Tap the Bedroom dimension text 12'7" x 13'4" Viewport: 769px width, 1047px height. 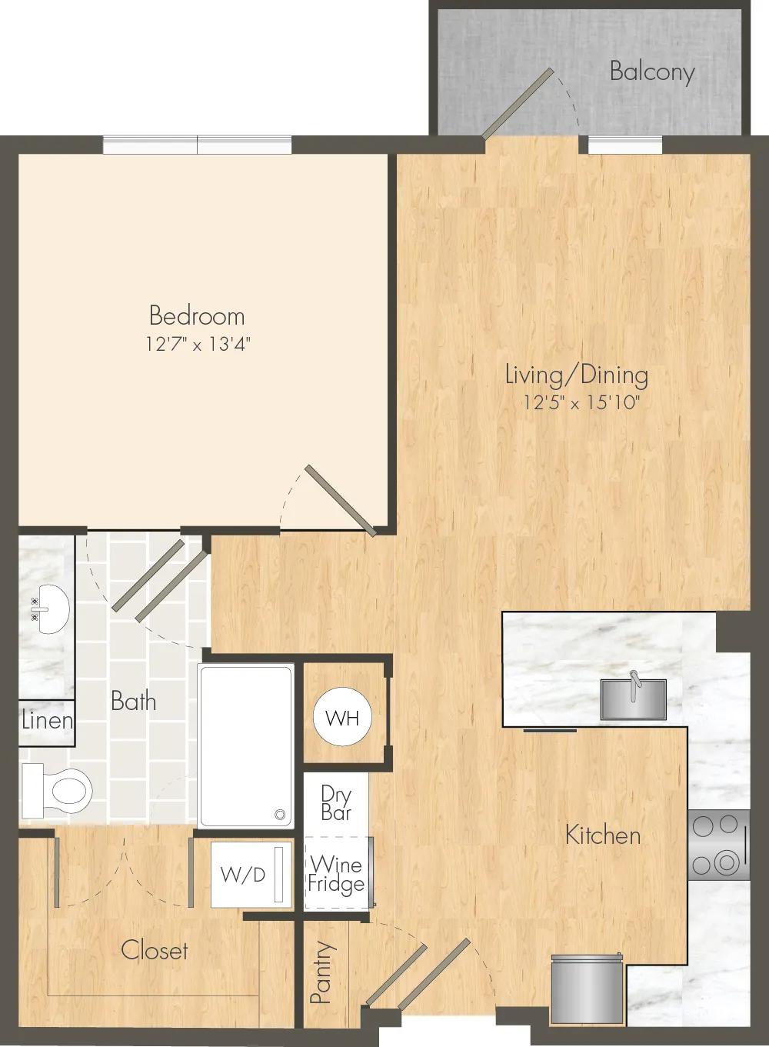click(x=197, y=345)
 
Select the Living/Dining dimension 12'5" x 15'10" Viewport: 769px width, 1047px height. click(x=580, y=402)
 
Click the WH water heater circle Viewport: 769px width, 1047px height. click(x=342, y=718)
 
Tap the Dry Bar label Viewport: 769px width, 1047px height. click(x=336, y=803)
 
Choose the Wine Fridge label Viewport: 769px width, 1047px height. click(x=336, y=874)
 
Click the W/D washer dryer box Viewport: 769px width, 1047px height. click(x=250, y=875)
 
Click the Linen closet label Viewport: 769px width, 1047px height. click(x=47, y=721)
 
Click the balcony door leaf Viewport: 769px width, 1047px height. click(x=518, y=104)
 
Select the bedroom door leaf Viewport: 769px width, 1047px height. click(x=341, y=500)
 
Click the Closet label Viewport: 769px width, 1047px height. click(x=155, y=950)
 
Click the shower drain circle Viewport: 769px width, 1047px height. click(x=280, y=815)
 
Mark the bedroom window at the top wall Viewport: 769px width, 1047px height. click(x=197, y=145)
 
